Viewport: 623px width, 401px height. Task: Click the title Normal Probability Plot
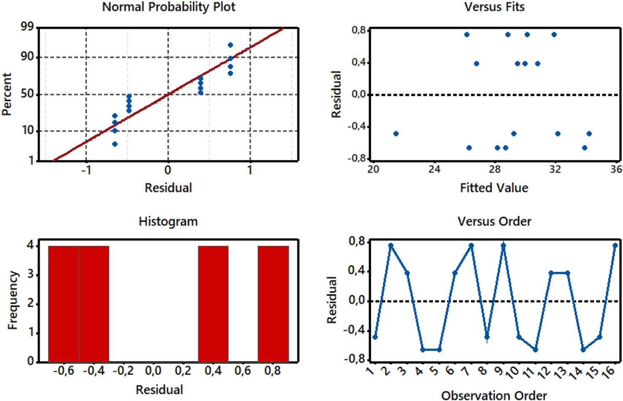[x=168, y=7]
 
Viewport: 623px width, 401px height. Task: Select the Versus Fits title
[x=494, y=7]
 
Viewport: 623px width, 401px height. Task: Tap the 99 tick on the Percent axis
[x=27, y=27]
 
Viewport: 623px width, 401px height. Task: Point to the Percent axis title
[x=7, y=94]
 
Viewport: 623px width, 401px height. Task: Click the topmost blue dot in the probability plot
[x=230, y=45]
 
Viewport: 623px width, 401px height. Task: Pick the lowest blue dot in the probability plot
[x=115, y=144]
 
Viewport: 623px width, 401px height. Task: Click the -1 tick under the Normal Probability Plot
[x=86, y=170]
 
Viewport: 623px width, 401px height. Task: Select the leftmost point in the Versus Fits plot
[x=396, y=134]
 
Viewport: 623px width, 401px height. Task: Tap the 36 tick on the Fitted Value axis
[x=616, y=170]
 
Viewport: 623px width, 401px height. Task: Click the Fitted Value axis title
[x=494, y=188]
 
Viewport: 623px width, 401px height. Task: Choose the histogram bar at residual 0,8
[x=273, y=304]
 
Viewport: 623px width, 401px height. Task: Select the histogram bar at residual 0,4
[x=213, y=304]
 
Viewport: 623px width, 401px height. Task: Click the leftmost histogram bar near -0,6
[x=64, y=304]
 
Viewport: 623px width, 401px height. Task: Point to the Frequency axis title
[x=13, y=300]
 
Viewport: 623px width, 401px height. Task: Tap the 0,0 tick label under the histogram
[x=153, y=371]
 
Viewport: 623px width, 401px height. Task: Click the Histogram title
[x=168, y=222]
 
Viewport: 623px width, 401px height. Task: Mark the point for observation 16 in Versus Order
[x=615, y=246]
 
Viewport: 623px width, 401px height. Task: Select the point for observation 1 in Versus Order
[x=375, y=337]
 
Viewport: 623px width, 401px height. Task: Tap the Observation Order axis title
[x=494, y=395]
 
